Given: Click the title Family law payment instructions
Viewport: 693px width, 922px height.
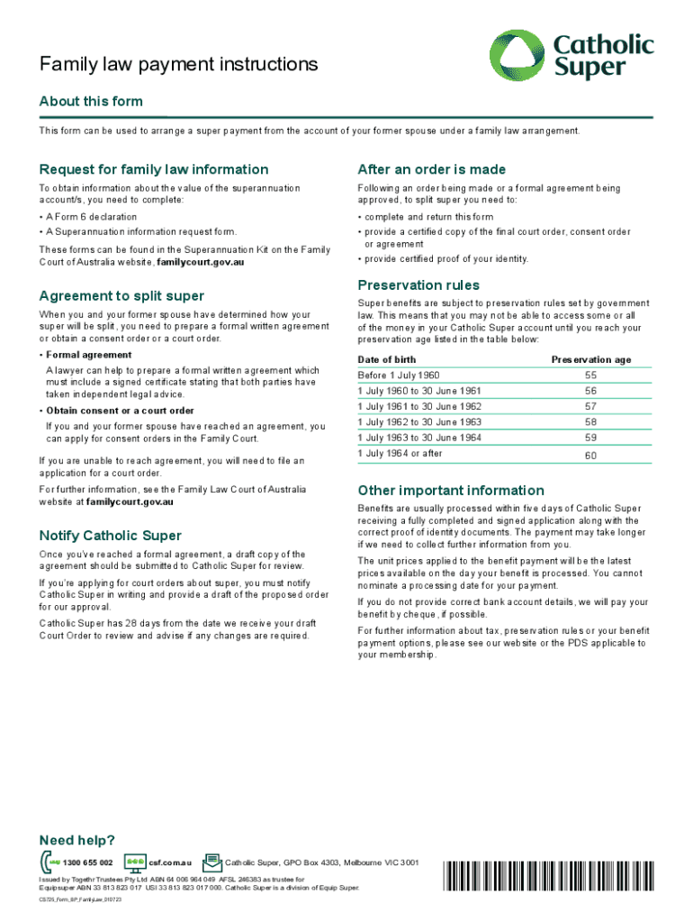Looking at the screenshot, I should click(x=178, y=65).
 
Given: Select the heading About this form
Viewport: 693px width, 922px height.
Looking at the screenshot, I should click(x=91, y=102).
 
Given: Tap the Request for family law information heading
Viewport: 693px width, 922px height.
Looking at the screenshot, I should click(x=154, y=169).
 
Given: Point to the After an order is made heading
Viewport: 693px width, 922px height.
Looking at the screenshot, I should click(x=432, y=169).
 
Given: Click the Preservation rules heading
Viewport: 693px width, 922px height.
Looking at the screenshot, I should click(x=418, y=285).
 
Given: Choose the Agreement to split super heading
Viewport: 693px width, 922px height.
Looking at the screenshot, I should click(x=121, y=296).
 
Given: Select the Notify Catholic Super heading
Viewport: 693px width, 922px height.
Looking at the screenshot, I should click(x=111, y=536).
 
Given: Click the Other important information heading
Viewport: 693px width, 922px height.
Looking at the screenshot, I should click(x=451, y=491).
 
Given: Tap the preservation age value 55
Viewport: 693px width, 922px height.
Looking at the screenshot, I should click(x=590, y=375).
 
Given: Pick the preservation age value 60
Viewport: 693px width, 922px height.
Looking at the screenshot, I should click(x=590, y=456).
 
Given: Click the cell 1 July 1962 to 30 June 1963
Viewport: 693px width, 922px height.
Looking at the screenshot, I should click(x=419, y=422).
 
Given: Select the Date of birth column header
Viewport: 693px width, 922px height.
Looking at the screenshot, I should click(x=387, y=359).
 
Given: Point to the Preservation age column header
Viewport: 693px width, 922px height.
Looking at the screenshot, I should click(x=591, y=359).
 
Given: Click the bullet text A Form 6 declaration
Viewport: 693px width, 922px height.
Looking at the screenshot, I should click(x=92, y=217).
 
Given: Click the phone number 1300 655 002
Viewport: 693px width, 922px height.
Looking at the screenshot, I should click(x=88, y=863).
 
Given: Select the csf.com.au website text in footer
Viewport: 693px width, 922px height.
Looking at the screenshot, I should click(x=170, y=863).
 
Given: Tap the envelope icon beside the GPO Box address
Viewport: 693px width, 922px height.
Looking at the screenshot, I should click(x=212, y=863).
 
